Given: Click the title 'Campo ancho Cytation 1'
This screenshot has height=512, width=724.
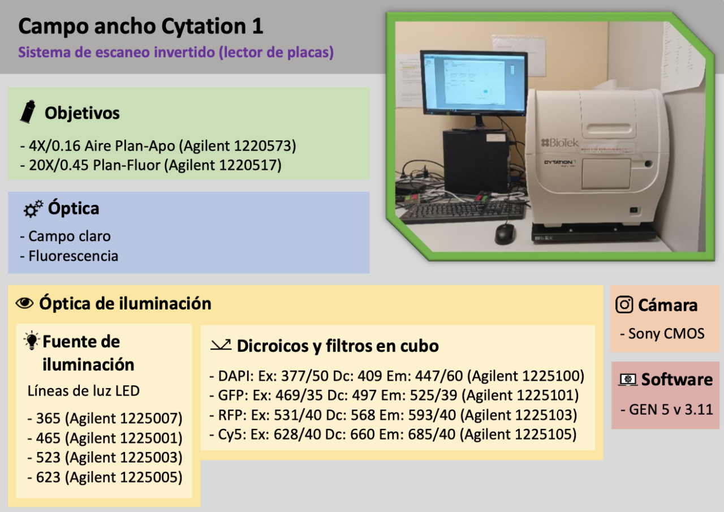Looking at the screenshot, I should click(x=141, y=26).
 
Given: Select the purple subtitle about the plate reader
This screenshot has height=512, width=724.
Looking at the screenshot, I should click(x=176, y=53).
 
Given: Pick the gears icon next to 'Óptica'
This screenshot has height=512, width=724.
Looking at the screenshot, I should click(x=33, y=209).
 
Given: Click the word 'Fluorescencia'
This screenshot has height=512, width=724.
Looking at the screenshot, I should click(x=73, y=256).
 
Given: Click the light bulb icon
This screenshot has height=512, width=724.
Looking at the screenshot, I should click(x=31, y=342).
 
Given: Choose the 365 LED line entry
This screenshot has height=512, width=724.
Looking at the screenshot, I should click(x=105, y=419).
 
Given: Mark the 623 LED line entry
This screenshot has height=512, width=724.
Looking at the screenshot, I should click(x=105, y=477).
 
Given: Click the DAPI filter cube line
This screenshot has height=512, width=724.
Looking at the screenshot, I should click(x=397, y=376).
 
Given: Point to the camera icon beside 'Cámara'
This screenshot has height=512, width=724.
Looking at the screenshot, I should click(x=624, y=305).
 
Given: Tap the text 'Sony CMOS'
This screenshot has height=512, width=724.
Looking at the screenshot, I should click(x=666, y=334).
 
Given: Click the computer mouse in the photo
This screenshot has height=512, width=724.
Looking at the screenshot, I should click(x=505, y=233).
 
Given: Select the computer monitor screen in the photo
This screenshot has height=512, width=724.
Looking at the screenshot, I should click(x=473, y=83).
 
